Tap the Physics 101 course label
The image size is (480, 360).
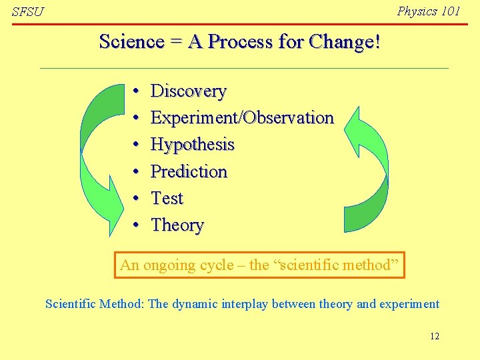tap(428, 11)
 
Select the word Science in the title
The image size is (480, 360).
tap(131, 42)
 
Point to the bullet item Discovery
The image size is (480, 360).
tap(189, 91)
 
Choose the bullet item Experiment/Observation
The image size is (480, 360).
tap(242, 117)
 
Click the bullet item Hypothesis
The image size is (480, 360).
tap(193, 145)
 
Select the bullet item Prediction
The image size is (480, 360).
tap(189, 171)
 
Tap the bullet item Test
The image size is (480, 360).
tap(167, 198)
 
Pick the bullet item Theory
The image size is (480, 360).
tap(177, 225)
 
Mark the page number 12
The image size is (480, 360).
tap(434, 336)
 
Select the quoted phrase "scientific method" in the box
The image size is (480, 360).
tap(336, 265)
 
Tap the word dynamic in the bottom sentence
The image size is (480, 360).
tap(195, 305)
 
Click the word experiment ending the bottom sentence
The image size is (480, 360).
tap(409, 305)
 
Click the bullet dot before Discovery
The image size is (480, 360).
tap(135, 91)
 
